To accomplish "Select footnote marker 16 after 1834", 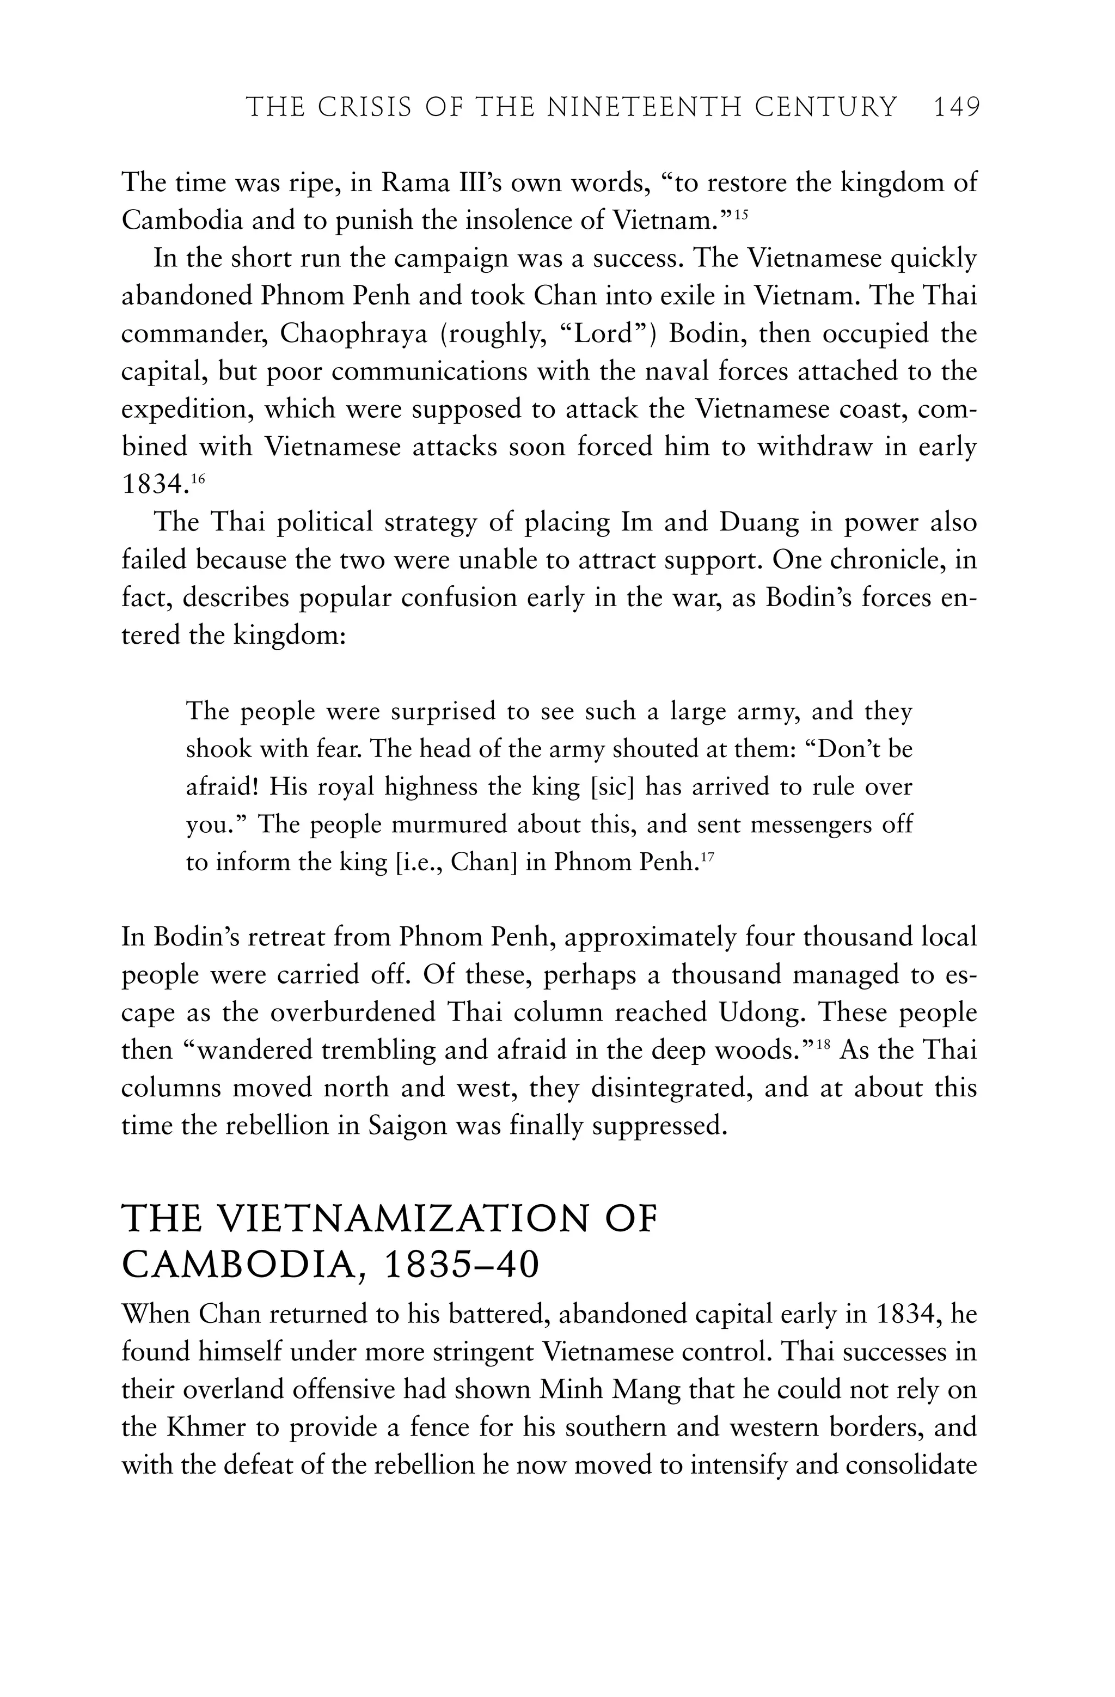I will pyautogui.click(x=198, y=479).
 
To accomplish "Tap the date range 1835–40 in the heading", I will pyautogui.click(x=461, y=1265).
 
